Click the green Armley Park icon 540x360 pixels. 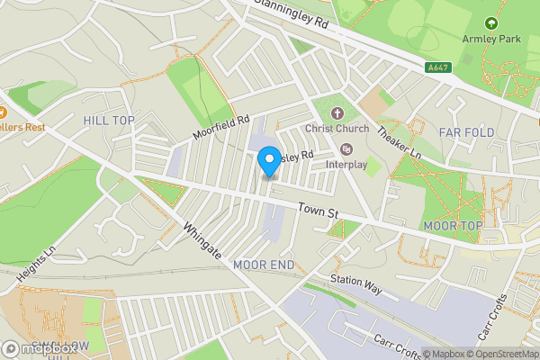click(490, 22)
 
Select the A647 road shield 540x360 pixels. click(438, 67)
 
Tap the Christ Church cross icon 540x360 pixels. click(337, 113)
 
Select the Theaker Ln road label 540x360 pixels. click(399, 141)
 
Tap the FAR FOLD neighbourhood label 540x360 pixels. click(466, 132)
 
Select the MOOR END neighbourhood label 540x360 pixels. click(264, 265)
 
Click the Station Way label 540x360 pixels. click(356, 281)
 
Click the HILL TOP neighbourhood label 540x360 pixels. click(108, 120)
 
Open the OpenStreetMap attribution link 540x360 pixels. click(501, 353)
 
